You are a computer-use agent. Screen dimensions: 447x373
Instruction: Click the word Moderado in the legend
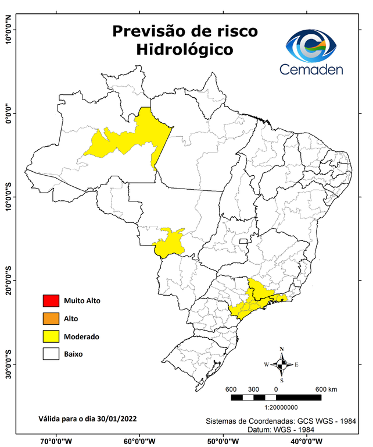(x=81, y=336)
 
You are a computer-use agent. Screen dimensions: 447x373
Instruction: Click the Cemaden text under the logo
(x=311, y=69)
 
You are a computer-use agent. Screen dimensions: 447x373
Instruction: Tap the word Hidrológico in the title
(x=185, y=50)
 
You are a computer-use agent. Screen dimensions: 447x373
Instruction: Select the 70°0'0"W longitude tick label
(x=56, y=441)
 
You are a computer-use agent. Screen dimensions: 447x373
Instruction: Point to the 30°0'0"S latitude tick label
(x=9, y=364)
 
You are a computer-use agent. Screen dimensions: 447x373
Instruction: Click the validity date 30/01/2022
(x=114, y=418)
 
